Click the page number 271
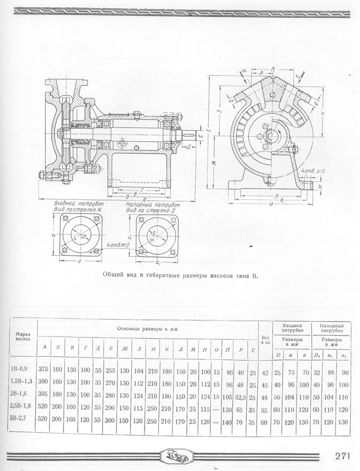pyautogui.click(x=342, y=455)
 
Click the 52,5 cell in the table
pyautogui.click(x=241, y=399)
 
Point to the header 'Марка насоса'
pyautogui.click(x=22, y=335)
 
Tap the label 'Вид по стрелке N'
pyautogui.click(x=76, y=209)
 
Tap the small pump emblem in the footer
pyautogui.click(x=179, y=455)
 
